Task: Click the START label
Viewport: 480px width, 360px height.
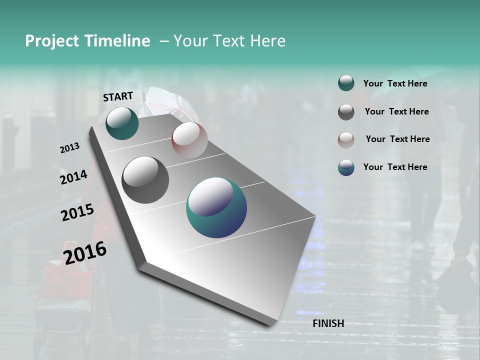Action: click(x=118, y=96)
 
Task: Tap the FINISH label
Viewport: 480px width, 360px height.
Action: click(x=328, y=323)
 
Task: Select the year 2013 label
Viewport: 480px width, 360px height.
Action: click(x=69, y=148)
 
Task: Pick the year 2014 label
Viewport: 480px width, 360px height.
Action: click(x=73, y=177)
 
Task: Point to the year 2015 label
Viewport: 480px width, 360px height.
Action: click(x=77, y=212)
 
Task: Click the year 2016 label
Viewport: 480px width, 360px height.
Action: click(x=85, y=252)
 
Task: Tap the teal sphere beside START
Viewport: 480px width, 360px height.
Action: click(x=122, y=123)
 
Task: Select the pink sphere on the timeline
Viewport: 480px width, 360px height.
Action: click(x=189, y=139)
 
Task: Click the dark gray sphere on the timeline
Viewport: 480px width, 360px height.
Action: click(x=145, y=179)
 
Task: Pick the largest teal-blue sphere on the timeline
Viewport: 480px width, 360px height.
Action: click(x=216, y=207)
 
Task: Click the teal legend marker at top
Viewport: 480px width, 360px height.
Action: click(x=346, y=83)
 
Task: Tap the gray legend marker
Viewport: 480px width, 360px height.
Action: click(x=346, y=112)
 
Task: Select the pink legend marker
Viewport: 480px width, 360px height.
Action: click(x=346, y=140)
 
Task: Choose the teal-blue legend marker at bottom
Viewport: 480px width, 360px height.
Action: click(x=346, y=167)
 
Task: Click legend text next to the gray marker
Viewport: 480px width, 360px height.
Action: click(x=396, y=111)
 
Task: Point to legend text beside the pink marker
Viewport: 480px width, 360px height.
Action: click(x=397, y=139)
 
